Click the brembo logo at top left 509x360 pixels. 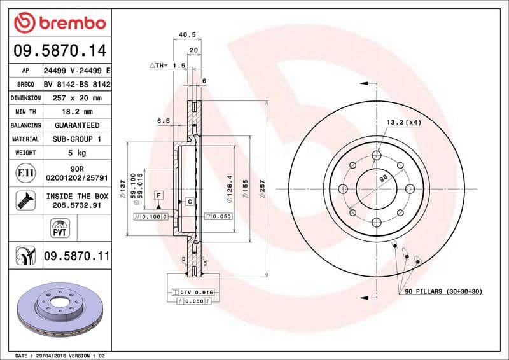[59, 23]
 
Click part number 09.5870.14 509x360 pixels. [59, 51]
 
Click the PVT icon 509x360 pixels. [59, 226]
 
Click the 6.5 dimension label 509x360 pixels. [163, 120]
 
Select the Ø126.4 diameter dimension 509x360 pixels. [229, 188]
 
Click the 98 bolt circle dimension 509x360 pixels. [384, 179]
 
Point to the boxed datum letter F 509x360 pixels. [158, 194]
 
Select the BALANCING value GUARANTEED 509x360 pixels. [76, 126]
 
